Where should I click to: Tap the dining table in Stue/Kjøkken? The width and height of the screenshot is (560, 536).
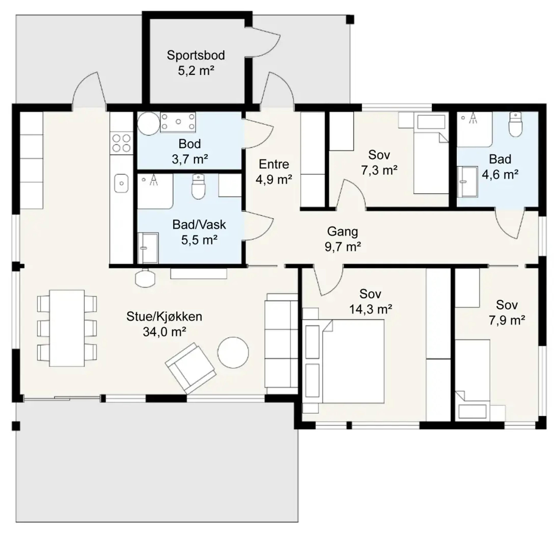click(67, 328)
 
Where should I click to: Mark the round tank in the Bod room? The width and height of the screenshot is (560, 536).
click(149, 123)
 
